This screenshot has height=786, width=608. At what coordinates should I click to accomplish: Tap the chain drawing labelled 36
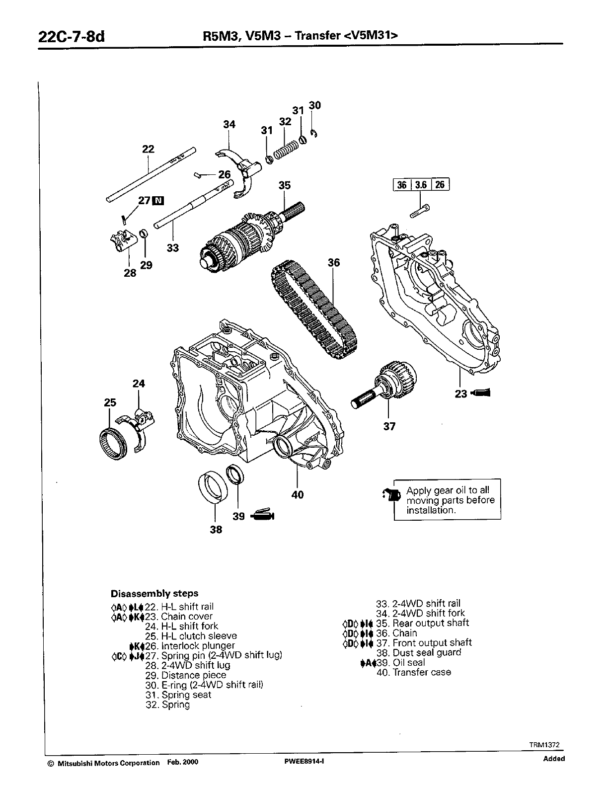313,311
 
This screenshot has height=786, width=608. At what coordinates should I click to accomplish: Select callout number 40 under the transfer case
298,495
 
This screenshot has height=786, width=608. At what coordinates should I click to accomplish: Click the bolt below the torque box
420,211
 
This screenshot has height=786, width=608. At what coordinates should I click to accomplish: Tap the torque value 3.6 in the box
421,185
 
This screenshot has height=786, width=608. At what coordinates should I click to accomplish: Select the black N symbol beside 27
158,200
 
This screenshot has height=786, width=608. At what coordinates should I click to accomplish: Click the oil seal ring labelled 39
235,474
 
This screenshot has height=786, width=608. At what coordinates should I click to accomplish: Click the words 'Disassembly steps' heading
154,593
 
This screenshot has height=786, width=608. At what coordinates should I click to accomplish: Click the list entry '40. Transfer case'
414,672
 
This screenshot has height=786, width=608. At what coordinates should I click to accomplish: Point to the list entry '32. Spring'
168,705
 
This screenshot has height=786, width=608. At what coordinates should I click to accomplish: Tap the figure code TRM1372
544,745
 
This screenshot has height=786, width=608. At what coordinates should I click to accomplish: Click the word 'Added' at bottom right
554,759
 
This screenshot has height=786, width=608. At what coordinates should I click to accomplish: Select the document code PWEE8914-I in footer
302,763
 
